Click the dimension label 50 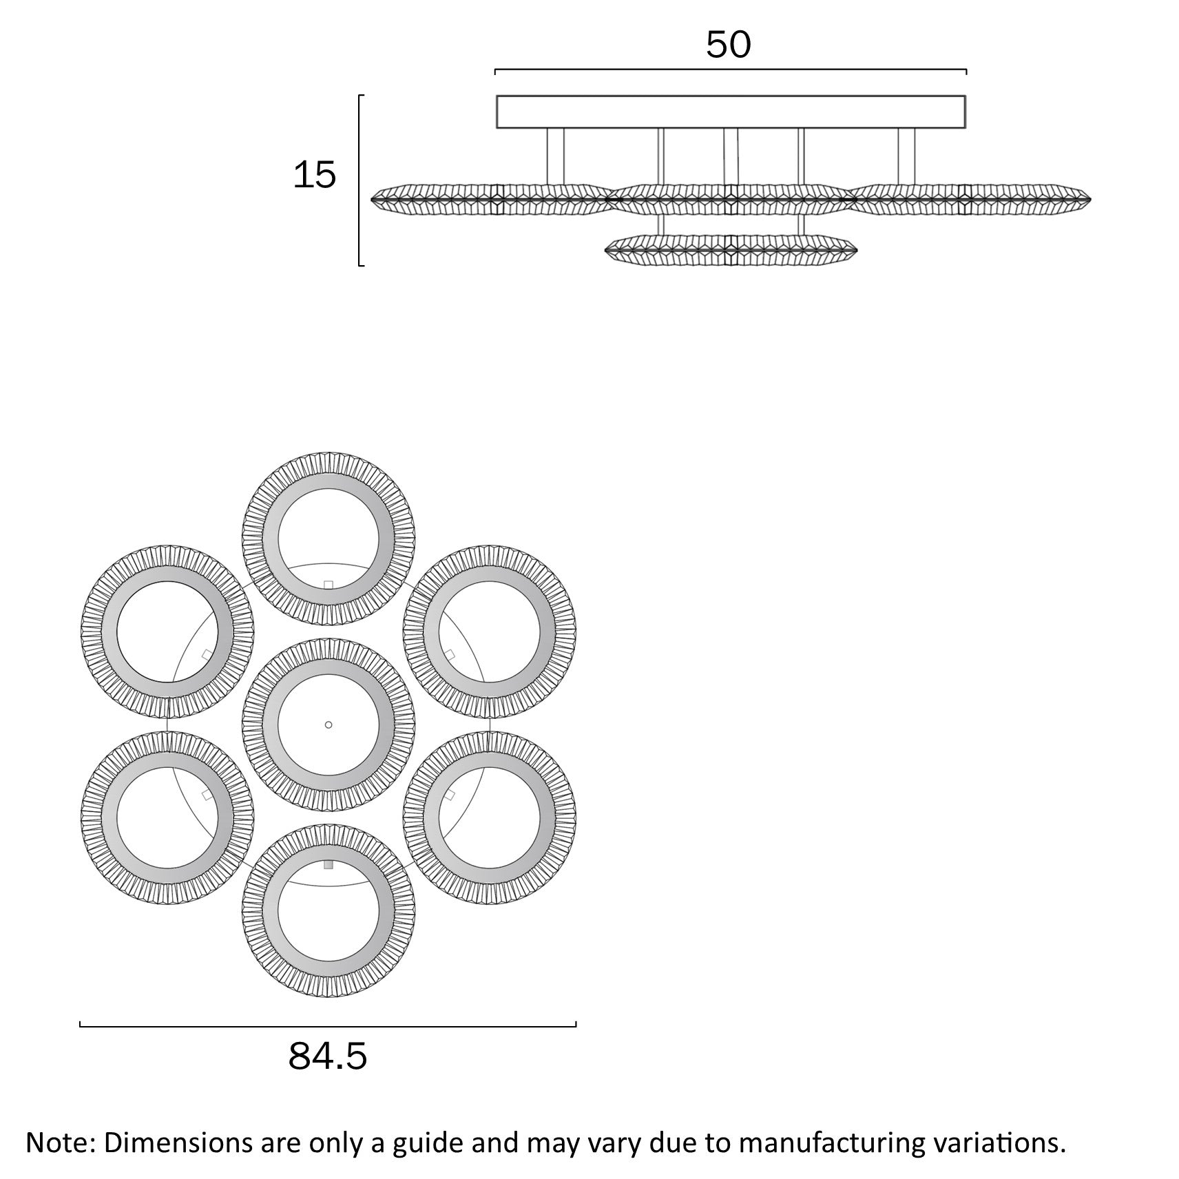(x=728, y=45)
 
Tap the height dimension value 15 (x=315, y=175)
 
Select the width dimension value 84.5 (x=328, y=1056)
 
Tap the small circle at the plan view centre (x=328, y=724)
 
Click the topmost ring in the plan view (x=328, y=463)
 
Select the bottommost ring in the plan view (x=328, y=985)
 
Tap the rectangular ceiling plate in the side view (x=731, y=112)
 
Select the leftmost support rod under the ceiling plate (x=555, y=156)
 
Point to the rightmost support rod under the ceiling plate (x=907, y=156)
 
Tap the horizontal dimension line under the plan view (x=328, y=1026)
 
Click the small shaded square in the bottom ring (x=328, y=865)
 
